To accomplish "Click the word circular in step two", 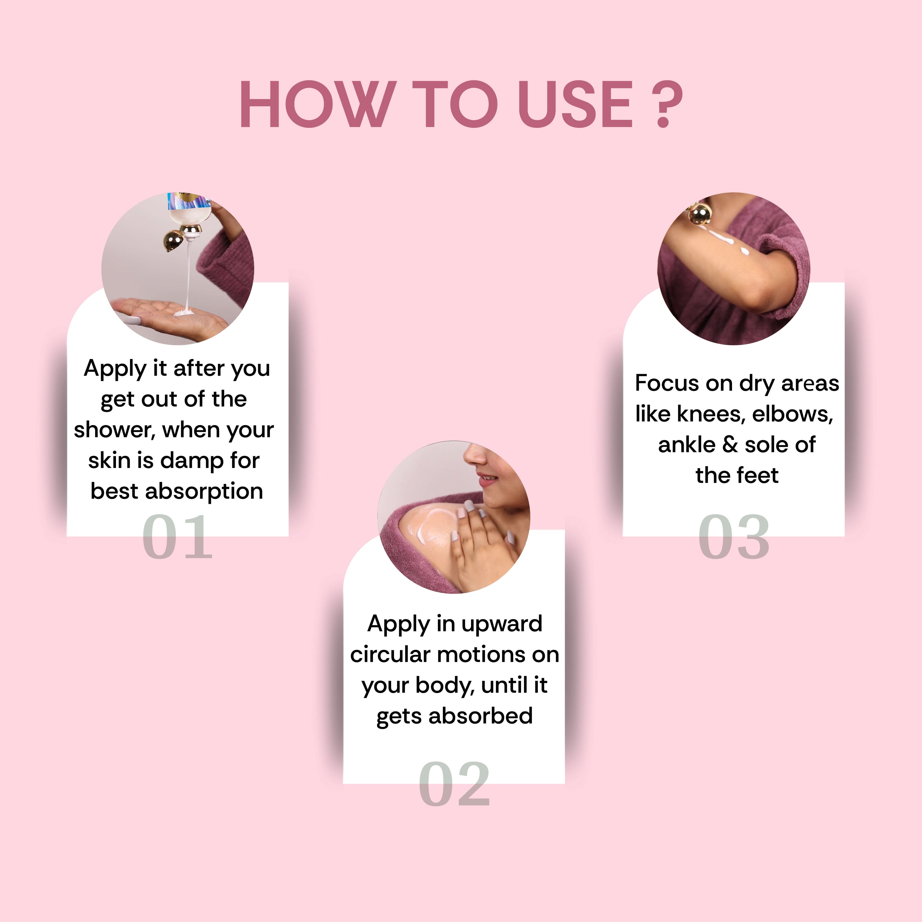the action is tap(390, 654).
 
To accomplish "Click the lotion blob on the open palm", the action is tap(184, 313).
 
